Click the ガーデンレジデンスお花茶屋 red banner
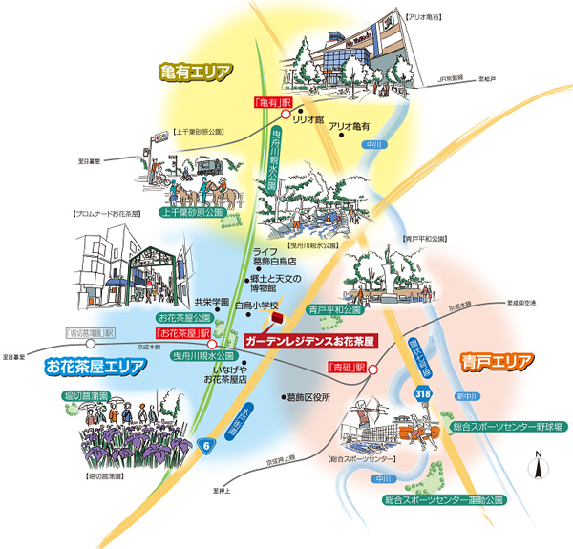click(x=308, y=340)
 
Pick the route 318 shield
click(x=424, y=391)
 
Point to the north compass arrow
click(x=539, y=467)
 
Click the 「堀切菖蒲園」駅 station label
click(x=90, y=333)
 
